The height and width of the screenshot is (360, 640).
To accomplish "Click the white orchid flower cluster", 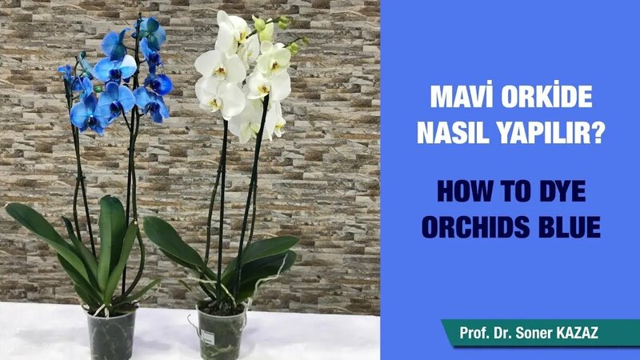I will [240, 76].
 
